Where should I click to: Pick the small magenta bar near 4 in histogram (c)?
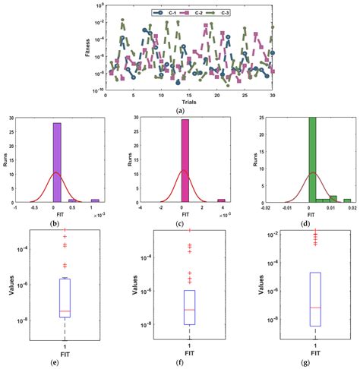(221, 201)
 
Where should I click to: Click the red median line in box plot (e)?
(65, 311)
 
